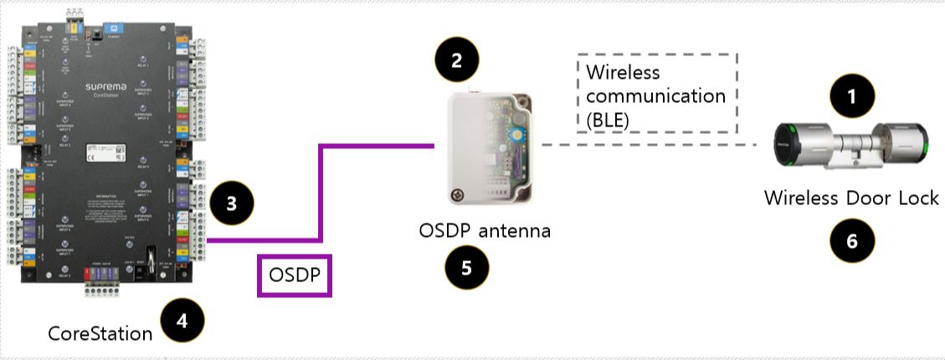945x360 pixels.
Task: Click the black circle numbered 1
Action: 852,96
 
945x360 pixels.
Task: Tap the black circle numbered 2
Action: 456,60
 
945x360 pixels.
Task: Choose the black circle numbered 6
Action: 852,240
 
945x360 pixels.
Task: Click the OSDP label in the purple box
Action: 295,275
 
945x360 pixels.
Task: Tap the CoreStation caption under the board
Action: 100,334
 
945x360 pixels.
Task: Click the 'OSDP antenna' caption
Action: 485,229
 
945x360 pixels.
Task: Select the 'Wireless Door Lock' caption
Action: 850,198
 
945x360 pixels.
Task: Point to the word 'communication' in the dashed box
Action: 655,95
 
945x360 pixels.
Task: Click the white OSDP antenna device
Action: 490,149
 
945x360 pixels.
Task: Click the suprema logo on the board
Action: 110,86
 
